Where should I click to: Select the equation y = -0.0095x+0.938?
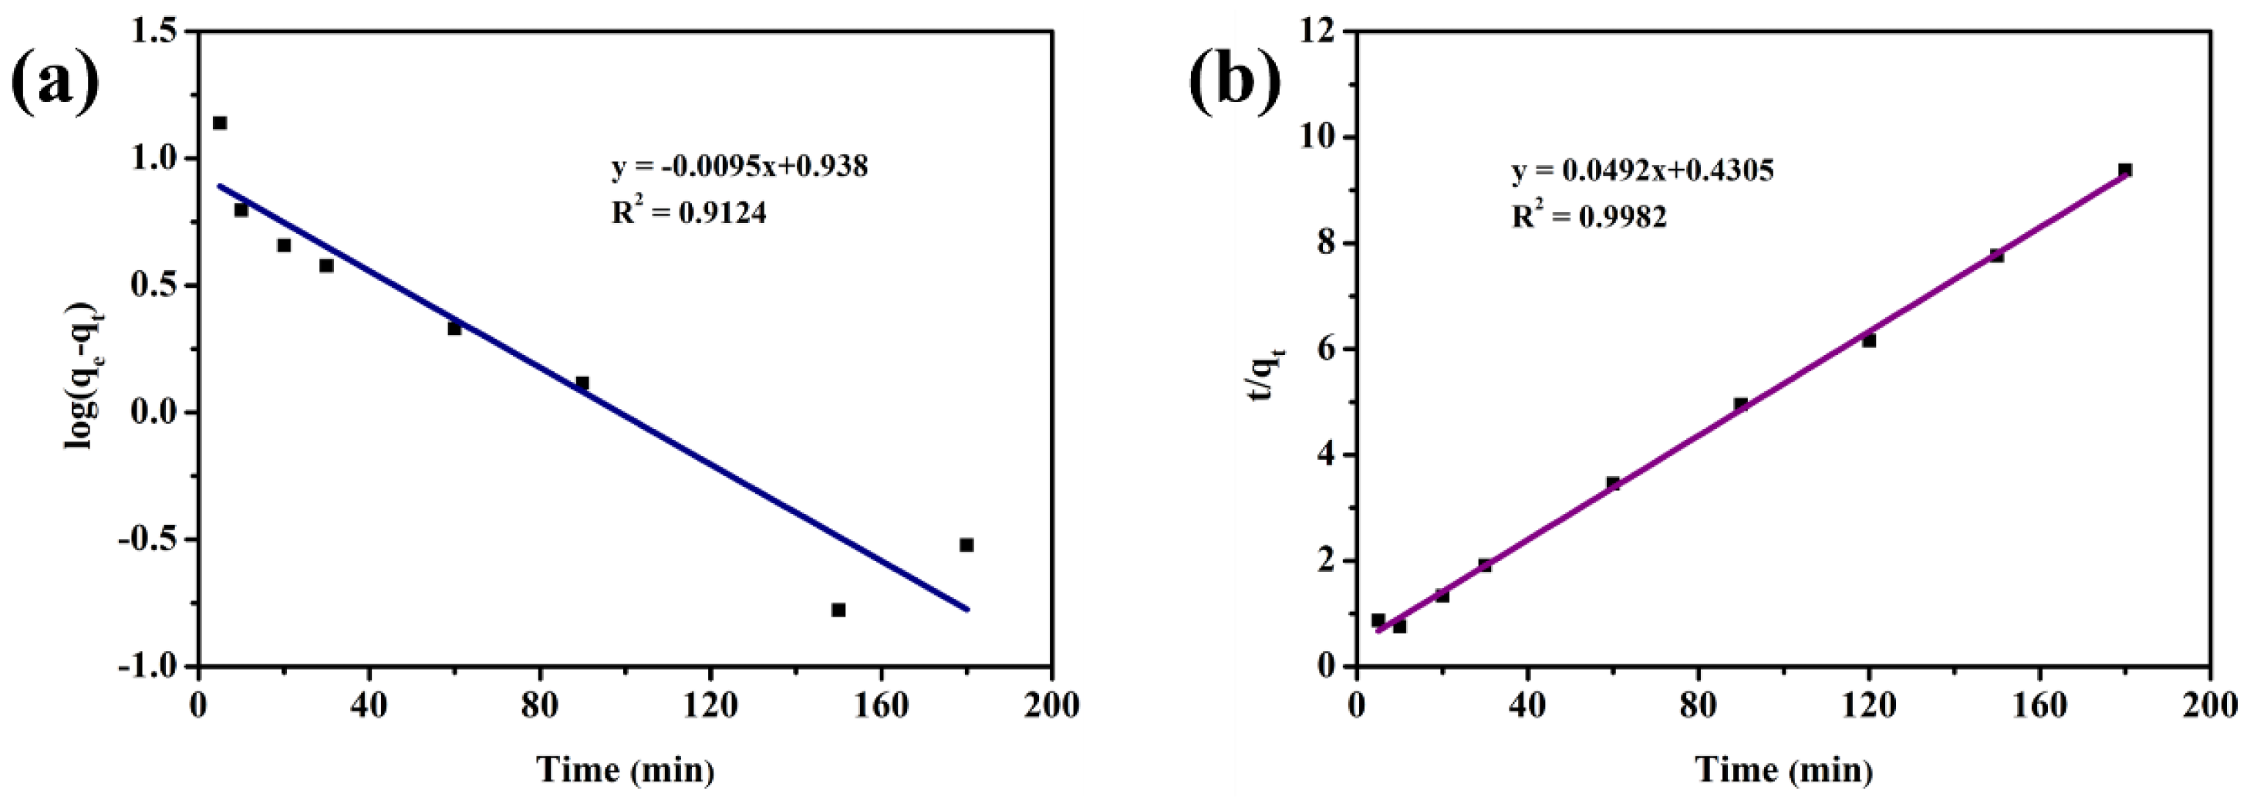[740, 167]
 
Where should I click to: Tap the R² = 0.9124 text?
[689, 212]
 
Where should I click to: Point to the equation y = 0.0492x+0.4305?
[1643, 170]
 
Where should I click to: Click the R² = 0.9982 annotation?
[1589, 215]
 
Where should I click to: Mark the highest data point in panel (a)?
[220, 123]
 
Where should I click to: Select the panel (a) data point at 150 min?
[838, 610]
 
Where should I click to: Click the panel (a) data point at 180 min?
[967, 545]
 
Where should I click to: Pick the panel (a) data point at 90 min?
[582, 383]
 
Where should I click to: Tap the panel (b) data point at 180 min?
[2124, 170]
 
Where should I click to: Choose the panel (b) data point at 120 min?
[1869, 341]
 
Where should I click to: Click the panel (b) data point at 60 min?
[1613, 483]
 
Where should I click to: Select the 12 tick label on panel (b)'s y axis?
[1321, 32]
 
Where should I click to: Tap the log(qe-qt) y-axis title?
[82, 375]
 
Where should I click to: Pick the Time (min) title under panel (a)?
[626, 769]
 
